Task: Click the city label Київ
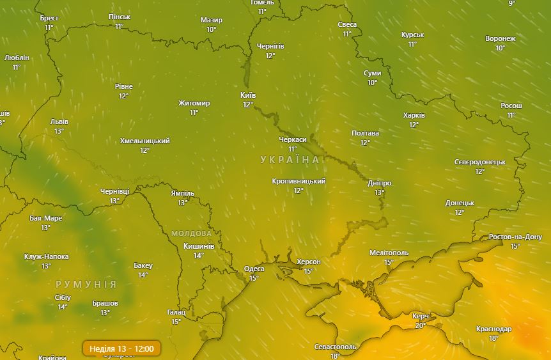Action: coord(248,95)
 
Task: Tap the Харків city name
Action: coord(414,115)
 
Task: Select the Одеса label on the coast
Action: coord(254,269)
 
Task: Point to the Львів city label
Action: coord(59,121)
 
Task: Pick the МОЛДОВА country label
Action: coord(191,233)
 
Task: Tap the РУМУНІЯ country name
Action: coord(86,284)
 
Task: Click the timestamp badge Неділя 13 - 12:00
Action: coord(121,348)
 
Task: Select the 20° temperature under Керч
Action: coord(421,325)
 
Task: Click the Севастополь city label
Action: coord(335,347)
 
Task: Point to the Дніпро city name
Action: coord(380,183)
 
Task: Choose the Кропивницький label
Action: coord(299,181)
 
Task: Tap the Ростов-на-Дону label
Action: coord(515,237)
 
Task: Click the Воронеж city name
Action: coord(500,38)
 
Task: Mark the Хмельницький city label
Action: coord(145,141)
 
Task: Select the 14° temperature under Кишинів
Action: coord(199,255)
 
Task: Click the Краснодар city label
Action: coord(493,329)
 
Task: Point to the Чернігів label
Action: coord(270,46)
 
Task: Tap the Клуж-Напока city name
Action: coord(46,256)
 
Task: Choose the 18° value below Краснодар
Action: coord(493,338)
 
